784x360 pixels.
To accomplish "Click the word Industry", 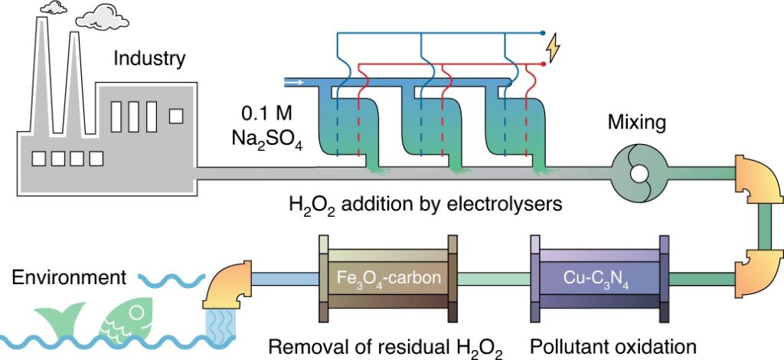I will click(149, 57).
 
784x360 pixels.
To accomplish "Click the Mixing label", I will click(636, 122).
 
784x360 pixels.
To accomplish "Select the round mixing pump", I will click(638, 175).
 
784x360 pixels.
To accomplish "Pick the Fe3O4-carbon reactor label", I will click(389, 277).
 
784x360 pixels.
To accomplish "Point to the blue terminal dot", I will click(543, 34).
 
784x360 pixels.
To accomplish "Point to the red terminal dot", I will click(543, 64).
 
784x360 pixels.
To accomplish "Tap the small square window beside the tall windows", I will click(177, 116).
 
